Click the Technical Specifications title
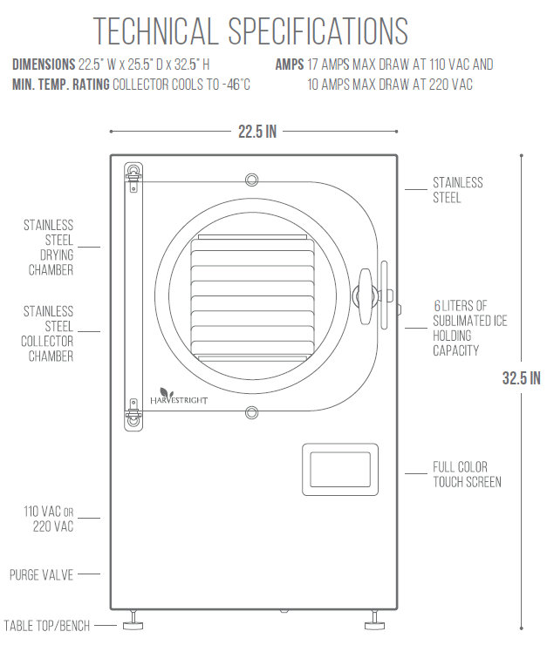coord(250,31)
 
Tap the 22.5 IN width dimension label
coord(257,132)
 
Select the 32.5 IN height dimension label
coord(521,378)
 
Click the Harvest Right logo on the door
coord(178,396)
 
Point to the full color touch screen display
coord(340,469)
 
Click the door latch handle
coord(366,296)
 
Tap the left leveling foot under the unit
coord(133,621)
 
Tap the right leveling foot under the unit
coord(374,621)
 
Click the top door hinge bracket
coord(133,177)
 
